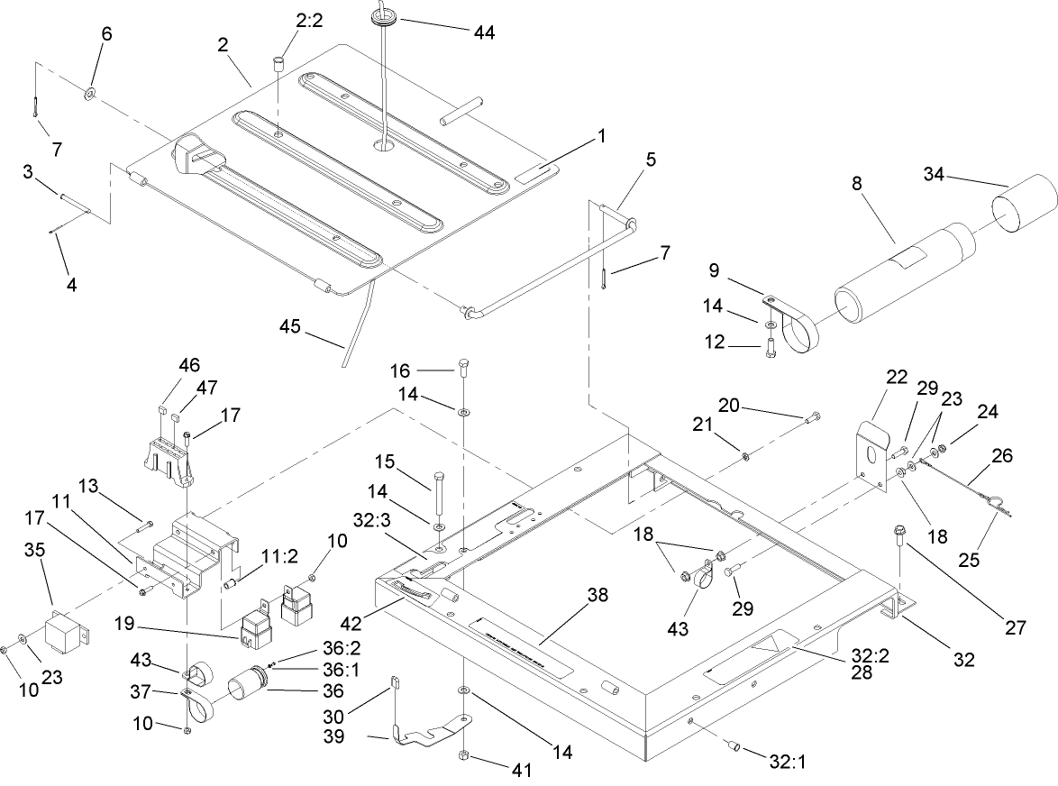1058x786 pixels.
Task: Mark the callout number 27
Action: coord(1016,628)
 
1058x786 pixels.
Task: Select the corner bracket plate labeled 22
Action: coord(871,455)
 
